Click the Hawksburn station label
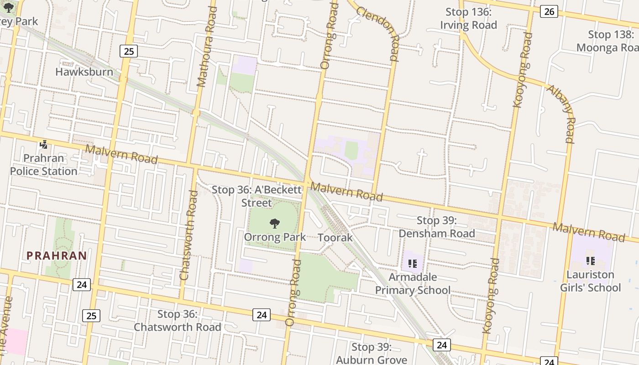click(x=84, y=72)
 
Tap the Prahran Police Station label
click(x=44, y=165)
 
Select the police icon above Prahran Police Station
click(x=44, y=145)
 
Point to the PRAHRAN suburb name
click(x=57, y=255)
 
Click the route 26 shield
click(x=549, y=11)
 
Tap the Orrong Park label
click(x=275, y=237)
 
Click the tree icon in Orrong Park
click(x=275, y=224)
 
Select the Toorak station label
click(x=335, y=238)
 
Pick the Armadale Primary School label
click(x=413, y=283)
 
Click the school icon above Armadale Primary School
click(x=413, y=263)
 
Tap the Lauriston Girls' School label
click(x=591, y=281)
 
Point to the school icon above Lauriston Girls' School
click(x=591, y=261)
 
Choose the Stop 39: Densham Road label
click(x=437, y=227)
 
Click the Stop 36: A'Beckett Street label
click(x=257, y=196)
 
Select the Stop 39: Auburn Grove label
click(x=372, y=353)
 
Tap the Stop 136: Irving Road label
click(x=468, y=19)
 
